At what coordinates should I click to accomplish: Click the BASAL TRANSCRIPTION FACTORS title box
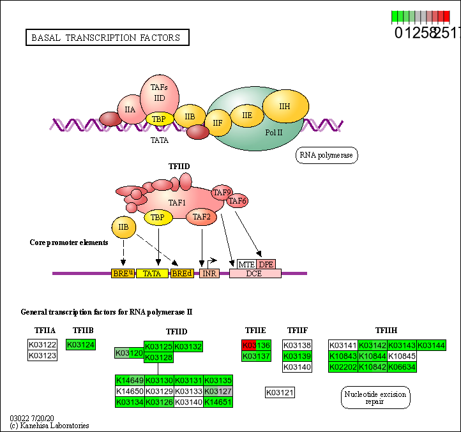click(x=107, y=38)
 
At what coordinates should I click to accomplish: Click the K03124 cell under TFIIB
click(x=80, y=345)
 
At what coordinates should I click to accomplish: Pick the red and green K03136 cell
click(x=257, y=345)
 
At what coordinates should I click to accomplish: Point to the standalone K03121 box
click(x=280, y=392)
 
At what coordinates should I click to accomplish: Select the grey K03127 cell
click(x=218, y=391)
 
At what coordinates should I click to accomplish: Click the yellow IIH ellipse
click(x=285, y=106)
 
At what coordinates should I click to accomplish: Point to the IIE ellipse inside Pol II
click(x=246, y=115)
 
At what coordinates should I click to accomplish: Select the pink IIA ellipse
click(x=130, y=109)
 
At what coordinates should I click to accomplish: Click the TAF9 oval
click(x=222, y=192)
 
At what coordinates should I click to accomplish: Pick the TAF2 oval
click(x=202, y=218)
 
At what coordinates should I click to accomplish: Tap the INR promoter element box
click(x=209, y=273)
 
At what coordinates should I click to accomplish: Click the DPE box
click(x=266, y=264)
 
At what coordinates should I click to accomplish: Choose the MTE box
click(x=246, y=264)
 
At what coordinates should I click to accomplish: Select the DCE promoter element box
click(x=255, y=273)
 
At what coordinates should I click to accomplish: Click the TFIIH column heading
click(x=386, y=331)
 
